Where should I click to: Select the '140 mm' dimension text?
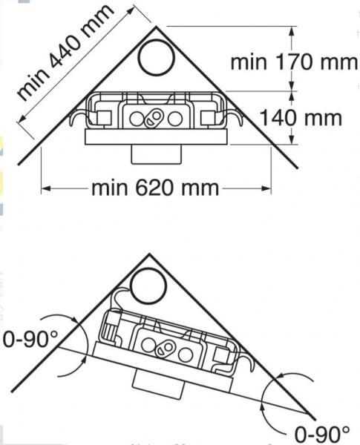pos(300,117)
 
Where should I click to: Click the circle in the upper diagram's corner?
pos(157,56)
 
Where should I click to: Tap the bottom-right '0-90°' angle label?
pos(321,432)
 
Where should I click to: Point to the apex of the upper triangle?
pos(157,26)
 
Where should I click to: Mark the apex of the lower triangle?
pos(149,254)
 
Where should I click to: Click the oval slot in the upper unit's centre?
pos(155,118)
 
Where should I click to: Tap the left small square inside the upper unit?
pos(103,117)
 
